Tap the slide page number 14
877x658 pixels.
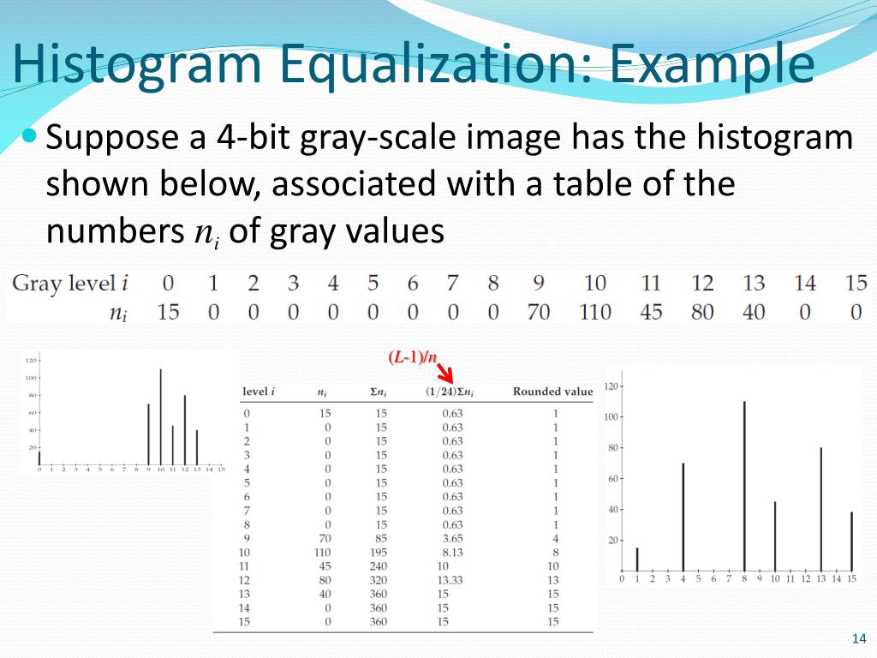point(859,638)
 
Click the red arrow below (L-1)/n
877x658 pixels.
point(444,374)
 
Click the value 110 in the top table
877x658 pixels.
point(594,311)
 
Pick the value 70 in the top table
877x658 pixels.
point(539,311)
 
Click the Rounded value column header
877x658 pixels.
point(552,392)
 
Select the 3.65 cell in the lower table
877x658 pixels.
point(452,538)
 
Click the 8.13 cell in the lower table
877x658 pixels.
point(452,552)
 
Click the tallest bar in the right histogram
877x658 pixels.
point(744,484)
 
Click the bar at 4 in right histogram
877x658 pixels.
point(683,516)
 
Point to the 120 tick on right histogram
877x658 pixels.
point(610,386)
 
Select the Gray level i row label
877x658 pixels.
point(69,283)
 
